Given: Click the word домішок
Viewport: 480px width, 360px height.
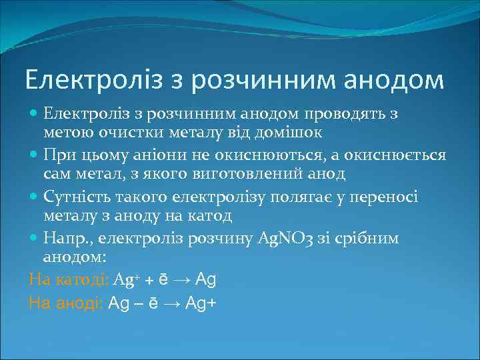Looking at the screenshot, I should [x=290, y=132].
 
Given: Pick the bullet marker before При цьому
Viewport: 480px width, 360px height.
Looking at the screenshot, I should [x=35, y=155].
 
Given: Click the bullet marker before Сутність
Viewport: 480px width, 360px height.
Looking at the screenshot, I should [x=35, y=197].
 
